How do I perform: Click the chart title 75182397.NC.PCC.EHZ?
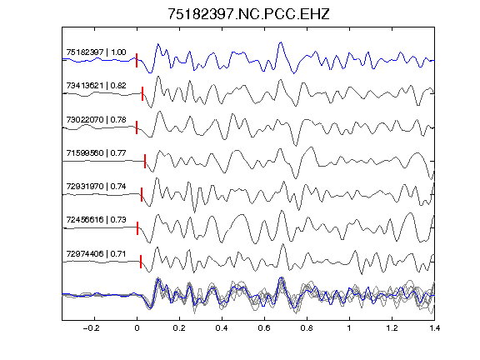248,14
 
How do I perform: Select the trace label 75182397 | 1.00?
96,52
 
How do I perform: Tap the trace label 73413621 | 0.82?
96,85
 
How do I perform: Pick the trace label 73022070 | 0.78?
96,119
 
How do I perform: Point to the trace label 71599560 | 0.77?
96,152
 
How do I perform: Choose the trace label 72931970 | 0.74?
96,186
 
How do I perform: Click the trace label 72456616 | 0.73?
96,219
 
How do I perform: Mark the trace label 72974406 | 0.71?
96,254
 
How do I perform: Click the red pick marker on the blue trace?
137,60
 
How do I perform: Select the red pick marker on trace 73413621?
142,93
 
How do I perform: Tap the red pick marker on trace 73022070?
137,127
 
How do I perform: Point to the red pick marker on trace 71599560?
145,161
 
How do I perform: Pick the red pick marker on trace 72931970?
142,194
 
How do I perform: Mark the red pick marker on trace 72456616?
137,228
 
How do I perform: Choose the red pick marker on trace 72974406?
141,262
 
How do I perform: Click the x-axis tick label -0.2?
91,328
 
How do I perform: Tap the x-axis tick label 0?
137,328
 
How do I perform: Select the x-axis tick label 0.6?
264,328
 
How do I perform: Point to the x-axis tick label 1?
349,328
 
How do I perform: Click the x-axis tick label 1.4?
434,328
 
